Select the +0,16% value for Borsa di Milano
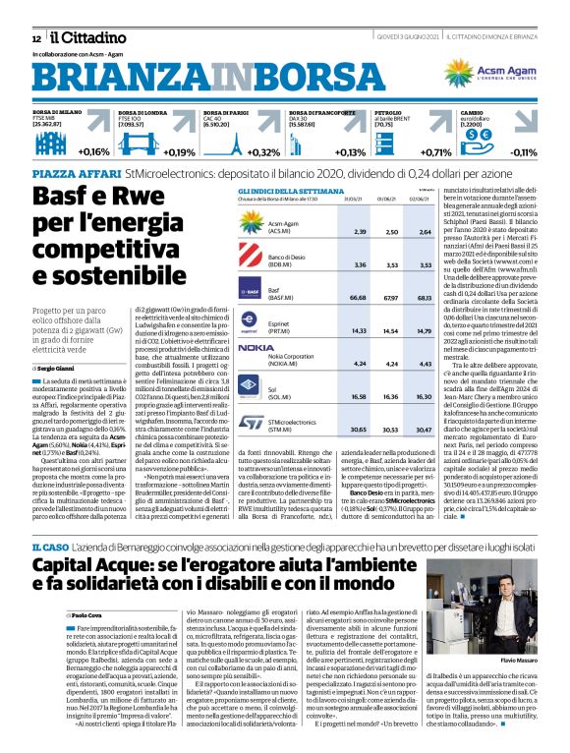[x=93, y=152]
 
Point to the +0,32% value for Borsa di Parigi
[x=263, y=152]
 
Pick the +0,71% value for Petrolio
[x=435, y=152]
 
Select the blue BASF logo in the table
[x=254, y=292]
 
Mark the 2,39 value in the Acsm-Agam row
[x=360, y=231]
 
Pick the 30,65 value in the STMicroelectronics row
[x=360, y=430]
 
